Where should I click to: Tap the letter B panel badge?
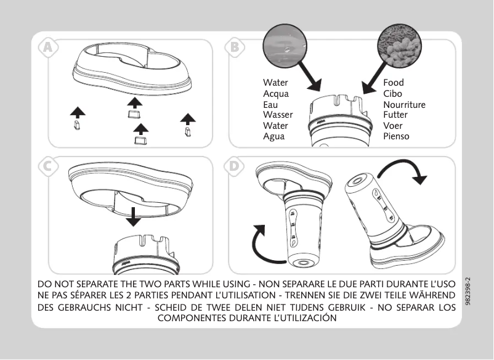[235, 46]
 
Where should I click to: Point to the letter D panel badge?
[235, 166]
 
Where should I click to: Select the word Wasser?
[278, 115]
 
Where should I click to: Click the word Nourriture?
[404, 104]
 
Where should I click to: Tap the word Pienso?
[396, 136]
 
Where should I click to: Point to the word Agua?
[274, 136]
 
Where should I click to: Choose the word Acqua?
[275, 94]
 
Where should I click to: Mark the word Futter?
[395, 115]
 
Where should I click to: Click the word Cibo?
[392, 94]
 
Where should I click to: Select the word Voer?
[392, 126]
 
